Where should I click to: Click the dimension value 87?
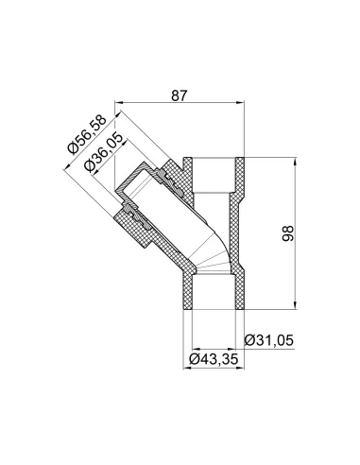tap(180, 95)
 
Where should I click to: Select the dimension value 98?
tap(288, 233)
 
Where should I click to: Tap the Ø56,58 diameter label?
tap(88, 135)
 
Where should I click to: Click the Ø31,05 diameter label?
tap(269, 340)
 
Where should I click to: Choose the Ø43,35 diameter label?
tap(214, 359)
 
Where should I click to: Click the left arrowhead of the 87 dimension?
tap(118, 102)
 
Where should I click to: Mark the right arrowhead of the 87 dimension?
tap(240, 102)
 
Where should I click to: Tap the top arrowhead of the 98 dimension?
tap(295, 162)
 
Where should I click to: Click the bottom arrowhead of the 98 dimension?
tap(295, 305)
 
